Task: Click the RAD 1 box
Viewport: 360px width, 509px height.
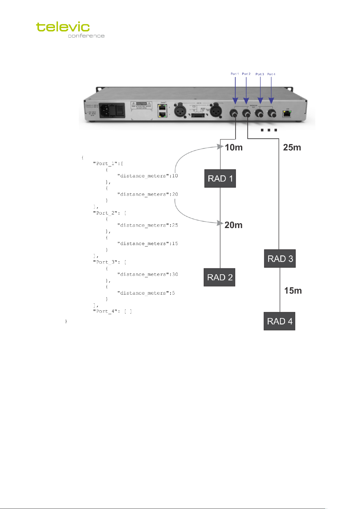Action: pyautogui.click(x=220, y=179)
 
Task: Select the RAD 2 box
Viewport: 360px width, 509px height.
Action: pyautogui.click(x=220, y=277)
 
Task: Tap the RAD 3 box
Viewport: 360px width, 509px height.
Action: pyautogui.click(x=280, y=259)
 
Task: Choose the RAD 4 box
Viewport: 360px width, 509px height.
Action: pyautogui.click(x=279, y=321)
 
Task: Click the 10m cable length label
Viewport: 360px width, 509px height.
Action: pyautogui.click(x=234, y=147)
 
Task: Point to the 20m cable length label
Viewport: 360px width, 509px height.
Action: pyautogui.click(x=233, y=225)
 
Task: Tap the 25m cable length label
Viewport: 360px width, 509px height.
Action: pyautogui.click(x=292, y=147)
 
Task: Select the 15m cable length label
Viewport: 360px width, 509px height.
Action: pyautogui.click(x=293, y=291)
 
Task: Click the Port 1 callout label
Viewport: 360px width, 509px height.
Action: pyautogui.click(x=235, y=74)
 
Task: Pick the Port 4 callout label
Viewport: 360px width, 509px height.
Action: pyautogui.click(x=271, y=74)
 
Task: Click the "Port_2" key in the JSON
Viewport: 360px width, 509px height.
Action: pyautogui.click(x=105, y=213)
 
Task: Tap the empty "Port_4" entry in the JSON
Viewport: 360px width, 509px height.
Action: pyautogui.click(x=112, y=311)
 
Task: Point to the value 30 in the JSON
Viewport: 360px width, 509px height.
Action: pyautogui.click(x=175, y=274)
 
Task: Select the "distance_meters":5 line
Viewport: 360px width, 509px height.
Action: pyautogui.click(x=146, y=293)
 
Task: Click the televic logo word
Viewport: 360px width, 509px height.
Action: pyautogui.click(x=63, y=27)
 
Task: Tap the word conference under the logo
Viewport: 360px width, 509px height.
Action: pyautogui.click(x=86, y=36)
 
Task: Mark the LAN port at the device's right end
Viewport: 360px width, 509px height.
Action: pyautogui.click(x=287, y=113)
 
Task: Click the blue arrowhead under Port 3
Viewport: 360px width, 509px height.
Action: pyautogui.click(x=260, y=101)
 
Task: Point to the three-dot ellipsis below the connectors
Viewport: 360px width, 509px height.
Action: pyautogui.click(x=268, y=130)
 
